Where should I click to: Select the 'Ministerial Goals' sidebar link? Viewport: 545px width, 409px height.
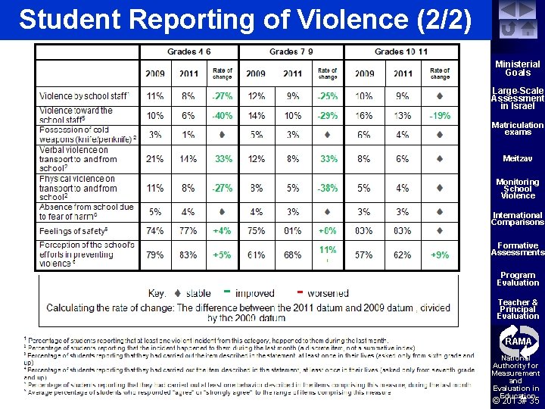click(x=518, y=69)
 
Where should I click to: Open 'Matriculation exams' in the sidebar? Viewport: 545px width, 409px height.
click(x=518, y=128)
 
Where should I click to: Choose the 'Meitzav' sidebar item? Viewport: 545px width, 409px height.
click(x=518, y=158)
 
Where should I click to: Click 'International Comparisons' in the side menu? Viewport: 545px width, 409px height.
click(x=518, y=219)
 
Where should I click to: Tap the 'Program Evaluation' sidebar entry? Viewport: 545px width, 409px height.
click(x=518, y=279)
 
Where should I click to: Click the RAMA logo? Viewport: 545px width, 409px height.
click(x=517, y=342)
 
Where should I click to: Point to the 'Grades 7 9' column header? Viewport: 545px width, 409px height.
click(x=291, y=52)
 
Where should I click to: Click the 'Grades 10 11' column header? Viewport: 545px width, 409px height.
click(x=400, y=52)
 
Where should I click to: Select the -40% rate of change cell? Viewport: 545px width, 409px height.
click(x=222, y=116)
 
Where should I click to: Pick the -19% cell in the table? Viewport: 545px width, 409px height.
click(x=439, y=116)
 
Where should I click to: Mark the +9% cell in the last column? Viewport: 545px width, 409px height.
click(x=439, y=255)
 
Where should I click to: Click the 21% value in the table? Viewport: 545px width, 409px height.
click(x=155, y=159)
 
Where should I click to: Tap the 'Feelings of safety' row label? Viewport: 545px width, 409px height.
click(x=73, y=229)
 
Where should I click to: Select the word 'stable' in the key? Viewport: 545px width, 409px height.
click(x=198, y=293)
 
